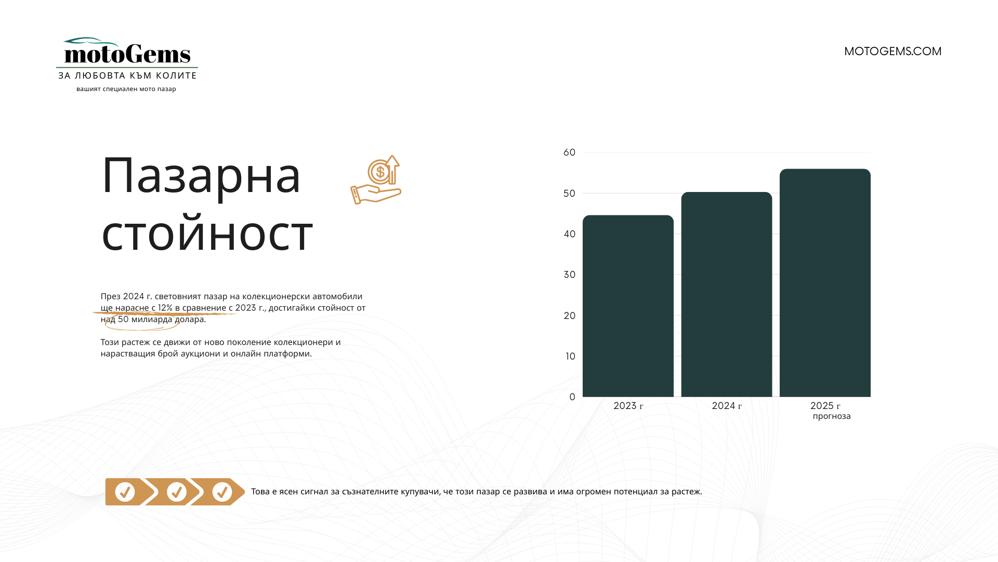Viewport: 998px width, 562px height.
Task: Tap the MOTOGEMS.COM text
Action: [x=892, y=52]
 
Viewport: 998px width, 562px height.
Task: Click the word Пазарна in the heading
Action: [x=201, y=176]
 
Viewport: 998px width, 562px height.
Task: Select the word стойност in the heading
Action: [x=207, y=234]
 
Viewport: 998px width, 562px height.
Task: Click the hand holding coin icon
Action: [x=376, y=180]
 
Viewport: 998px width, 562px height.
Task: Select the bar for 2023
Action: [x=628, y=306]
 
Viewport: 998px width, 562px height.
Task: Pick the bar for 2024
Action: [x=726, y=295]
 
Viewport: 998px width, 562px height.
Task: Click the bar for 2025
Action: [x=825, y=283]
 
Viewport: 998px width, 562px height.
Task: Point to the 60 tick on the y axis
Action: [x=569, y=152]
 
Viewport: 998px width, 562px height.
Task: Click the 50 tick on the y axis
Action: [x=569, y=194]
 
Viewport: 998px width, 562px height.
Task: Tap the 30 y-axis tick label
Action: [x=569, y=275]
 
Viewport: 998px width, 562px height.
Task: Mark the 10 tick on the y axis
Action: [x=570, y=356]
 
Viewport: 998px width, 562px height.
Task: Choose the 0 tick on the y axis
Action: [x=572, y=397]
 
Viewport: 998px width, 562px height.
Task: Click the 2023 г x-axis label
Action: [x=628, y=406]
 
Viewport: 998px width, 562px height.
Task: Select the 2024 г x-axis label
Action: [x=727, y=406]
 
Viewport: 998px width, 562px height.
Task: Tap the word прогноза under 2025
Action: [x=832, y=416]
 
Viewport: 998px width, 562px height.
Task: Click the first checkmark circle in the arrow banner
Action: [x=125, y=492]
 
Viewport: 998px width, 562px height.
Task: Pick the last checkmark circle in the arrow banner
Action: [x=222, y=492]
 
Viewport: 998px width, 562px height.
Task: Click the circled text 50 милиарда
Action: [x=145, y=320]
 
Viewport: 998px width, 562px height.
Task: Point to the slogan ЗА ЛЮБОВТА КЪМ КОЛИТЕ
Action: [x=127, y=76]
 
